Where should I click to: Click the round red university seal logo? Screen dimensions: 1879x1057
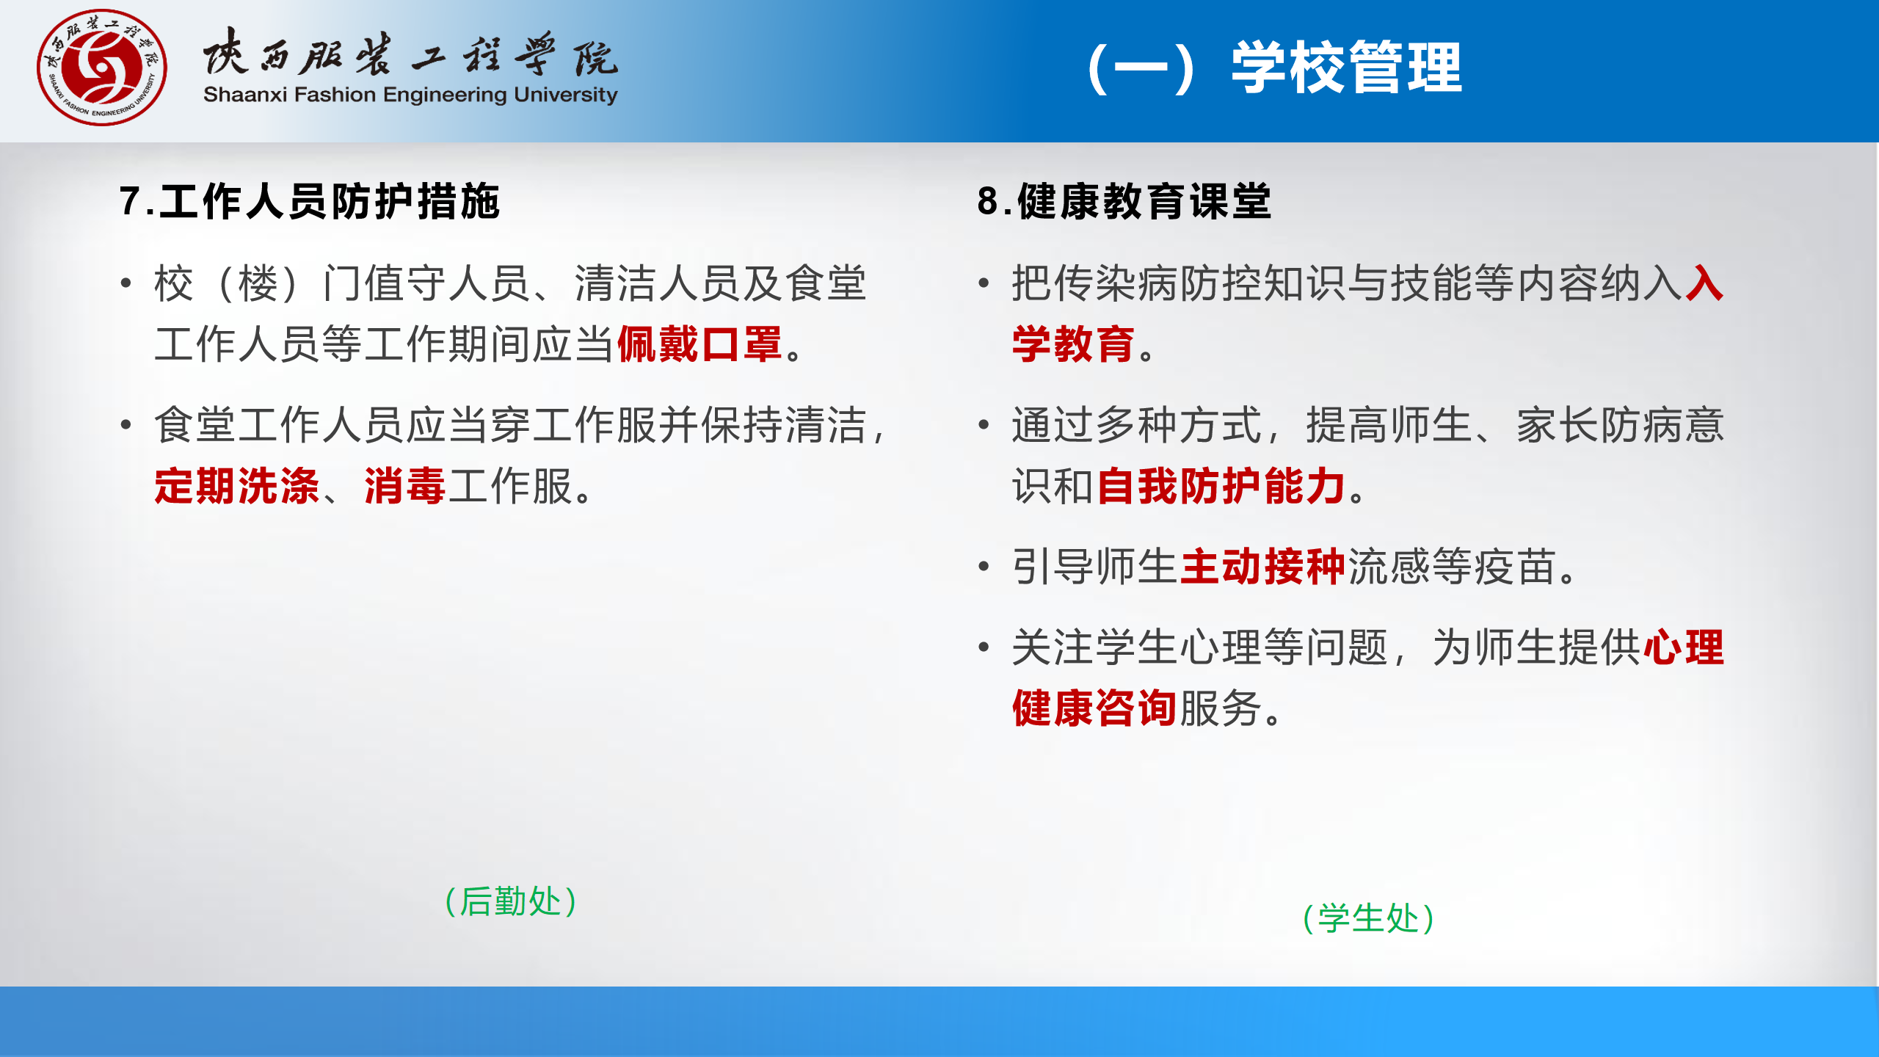point(102,68)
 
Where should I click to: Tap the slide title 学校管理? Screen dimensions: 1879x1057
point(1347,68)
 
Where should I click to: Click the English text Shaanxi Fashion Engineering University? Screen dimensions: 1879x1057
point(410,95)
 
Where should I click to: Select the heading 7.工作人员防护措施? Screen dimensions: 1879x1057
point(310,201)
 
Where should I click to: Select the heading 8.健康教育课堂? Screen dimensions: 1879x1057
point(1124,201)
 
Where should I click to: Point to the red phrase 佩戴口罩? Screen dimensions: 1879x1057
point(699,344)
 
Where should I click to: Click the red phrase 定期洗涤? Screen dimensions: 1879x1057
point(237,486)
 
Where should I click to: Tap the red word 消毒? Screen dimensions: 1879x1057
point(405,486)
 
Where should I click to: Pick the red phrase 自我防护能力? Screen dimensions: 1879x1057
point(1221,486)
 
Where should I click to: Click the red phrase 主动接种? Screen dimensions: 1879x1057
point(1263,567)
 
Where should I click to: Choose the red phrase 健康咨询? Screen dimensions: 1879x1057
point(1095,708)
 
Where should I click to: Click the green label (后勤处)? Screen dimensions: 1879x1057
point(511,901)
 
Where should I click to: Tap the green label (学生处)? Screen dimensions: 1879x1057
point(1368,918)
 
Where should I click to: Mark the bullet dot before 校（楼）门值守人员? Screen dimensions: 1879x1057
point(126,283)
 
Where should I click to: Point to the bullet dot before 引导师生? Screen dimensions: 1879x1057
point(984,567)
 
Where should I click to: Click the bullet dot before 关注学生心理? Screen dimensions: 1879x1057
point(984,647)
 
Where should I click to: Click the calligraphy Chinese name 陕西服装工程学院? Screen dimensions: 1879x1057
point(410,53)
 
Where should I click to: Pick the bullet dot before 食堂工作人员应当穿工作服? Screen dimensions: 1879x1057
point(126,425)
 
